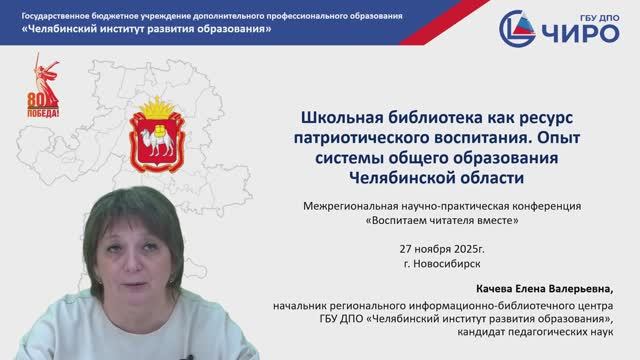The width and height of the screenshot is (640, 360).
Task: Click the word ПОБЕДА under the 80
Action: click(44, 114)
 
